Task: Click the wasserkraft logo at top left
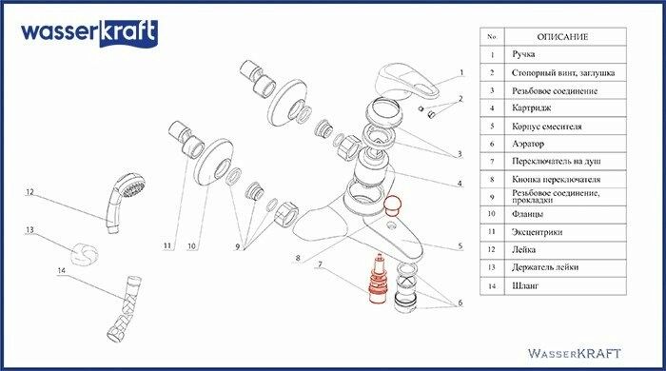pos(89,33)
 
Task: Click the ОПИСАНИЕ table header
pos(562,37)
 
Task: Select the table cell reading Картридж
pos(531,108)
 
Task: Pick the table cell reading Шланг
pos(525,285)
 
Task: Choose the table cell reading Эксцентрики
pos(537,232)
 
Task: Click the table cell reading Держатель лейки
pos(545,267)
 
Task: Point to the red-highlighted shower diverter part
pos(377,280)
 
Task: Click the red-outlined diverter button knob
pos(392,205)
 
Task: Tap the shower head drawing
pos(126,203)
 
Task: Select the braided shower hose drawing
pos(124,308)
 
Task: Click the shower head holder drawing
pos(84,254)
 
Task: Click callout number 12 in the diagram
pos(29,192)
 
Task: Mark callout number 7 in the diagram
pos(320,264)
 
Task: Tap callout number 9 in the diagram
pos(238,246)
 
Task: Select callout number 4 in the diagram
pos(460,184)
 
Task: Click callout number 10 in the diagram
pos(191,245)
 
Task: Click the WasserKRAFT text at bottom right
pos(575,353)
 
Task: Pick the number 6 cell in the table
pos(492,144)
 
